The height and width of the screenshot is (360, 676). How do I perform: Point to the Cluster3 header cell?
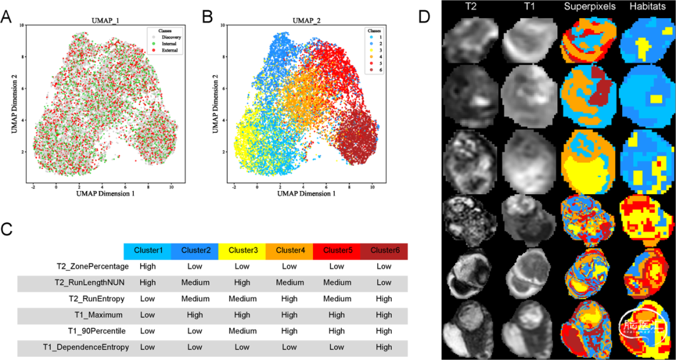(x=242, y=250)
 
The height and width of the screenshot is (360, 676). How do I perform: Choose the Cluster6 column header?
(x=384, y=250)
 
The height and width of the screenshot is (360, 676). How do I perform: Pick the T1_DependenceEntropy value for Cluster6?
(x=384, y=346)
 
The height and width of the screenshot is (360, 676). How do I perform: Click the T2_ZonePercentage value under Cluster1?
(x=148, y=265)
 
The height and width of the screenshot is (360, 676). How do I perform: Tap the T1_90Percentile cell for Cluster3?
(x=242, y=330)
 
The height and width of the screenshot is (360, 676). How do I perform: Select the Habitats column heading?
(x=648, y=8)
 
